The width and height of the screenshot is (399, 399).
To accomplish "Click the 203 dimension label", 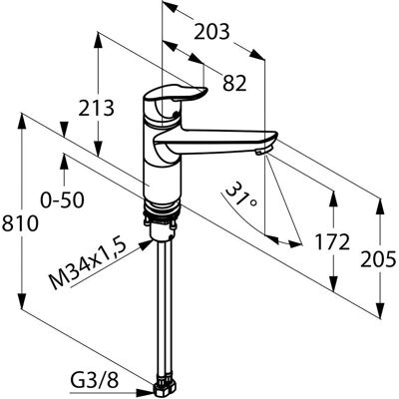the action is tap(211, 32).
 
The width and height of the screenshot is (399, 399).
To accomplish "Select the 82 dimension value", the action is tap(234, 83).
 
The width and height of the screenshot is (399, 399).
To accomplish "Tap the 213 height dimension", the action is tap(97, 108).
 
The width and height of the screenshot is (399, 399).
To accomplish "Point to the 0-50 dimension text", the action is tap(62, 200).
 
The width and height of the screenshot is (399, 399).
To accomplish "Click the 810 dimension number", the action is tap(20, 223).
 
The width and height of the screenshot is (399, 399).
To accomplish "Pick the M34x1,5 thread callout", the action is tap(89, 264).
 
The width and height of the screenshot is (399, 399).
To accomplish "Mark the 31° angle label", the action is tap(240, 195).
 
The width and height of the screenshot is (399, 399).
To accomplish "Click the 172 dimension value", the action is tap(332, 241).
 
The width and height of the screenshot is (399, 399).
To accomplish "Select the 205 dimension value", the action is tap(379, 259).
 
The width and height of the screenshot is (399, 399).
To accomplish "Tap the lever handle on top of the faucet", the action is tap(176, 93).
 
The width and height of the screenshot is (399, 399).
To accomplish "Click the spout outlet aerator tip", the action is tap(261, 152).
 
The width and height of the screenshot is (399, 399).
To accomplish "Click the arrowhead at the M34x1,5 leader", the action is tap(146, 245).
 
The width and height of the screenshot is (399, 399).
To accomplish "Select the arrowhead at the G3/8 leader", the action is tap(146, 393).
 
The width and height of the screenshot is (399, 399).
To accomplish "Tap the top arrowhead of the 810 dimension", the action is tap(22, 122).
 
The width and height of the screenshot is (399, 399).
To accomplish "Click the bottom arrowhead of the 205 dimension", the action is tap(380, 310).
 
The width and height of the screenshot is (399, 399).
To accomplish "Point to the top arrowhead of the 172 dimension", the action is tap(333, 199).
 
